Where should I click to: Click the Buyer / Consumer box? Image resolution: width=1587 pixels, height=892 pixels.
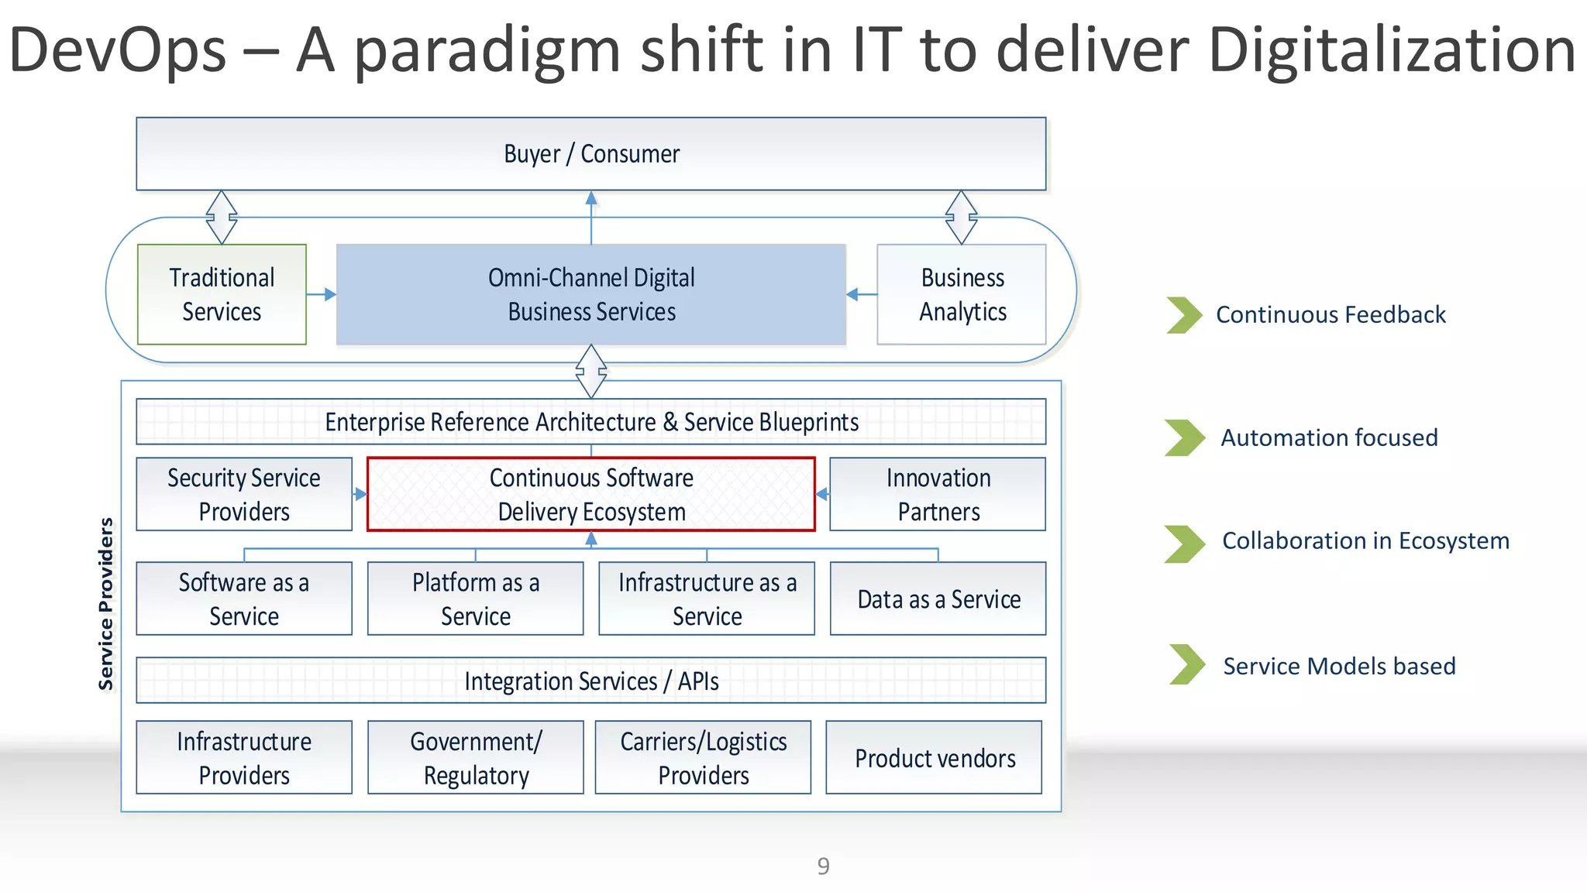tap(590, 154)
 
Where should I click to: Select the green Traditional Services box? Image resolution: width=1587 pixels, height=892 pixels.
tap(222, 294)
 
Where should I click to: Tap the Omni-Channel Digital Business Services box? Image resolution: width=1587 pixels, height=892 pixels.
tap(590, 294)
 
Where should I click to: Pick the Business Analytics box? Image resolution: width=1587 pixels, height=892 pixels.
tap(961, 294)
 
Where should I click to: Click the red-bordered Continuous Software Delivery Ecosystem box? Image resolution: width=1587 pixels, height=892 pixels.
tap(590, 494)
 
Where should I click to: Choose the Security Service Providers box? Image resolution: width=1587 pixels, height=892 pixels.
tap(244, 494)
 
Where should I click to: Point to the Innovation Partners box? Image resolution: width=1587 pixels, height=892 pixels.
tap(938, 494)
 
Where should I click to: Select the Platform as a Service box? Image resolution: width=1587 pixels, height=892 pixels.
tap(475, 599)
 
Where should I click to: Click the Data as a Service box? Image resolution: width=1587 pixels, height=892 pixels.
tap(938, 599)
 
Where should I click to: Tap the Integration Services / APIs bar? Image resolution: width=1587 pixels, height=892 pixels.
tap(590, 681)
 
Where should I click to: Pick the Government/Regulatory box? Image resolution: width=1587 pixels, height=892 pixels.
tap(475, 757)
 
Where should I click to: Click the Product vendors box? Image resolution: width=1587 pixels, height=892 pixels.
tap(934, 757)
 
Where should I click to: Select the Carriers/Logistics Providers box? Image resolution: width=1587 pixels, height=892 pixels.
tap(703, 757)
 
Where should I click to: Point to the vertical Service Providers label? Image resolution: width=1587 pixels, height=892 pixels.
tap(106, 604)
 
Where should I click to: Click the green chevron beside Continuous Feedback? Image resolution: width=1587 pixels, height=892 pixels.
tap(1183, 315)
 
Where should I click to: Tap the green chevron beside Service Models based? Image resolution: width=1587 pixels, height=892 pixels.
tap(1186, 664)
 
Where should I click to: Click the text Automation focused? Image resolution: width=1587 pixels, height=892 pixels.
tap(1329, 437)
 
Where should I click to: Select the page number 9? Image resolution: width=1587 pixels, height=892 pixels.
tap(823, 866)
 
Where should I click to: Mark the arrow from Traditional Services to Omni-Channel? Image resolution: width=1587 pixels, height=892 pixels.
tap(321, 294)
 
